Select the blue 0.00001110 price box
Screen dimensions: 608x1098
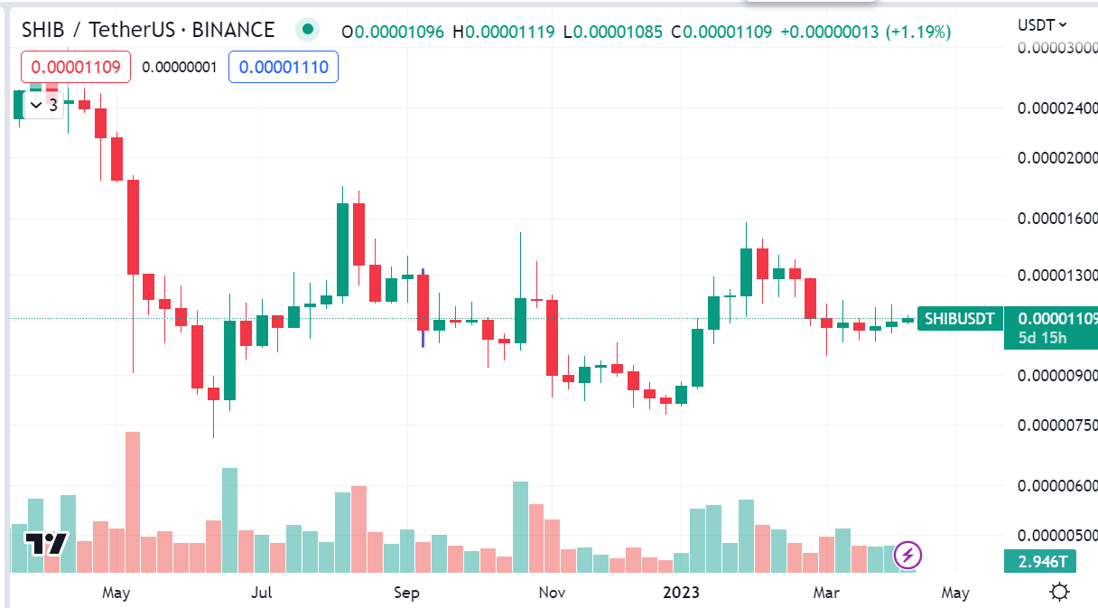coord(284,67)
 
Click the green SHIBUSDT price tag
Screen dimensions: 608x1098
coord(959,318)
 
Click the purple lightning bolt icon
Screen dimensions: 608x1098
coord(909,555)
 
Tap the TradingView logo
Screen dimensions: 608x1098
coord(44,544)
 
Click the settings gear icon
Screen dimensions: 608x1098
coord(1060,593)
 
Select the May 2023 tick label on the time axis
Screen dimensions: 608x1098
coord(954,593)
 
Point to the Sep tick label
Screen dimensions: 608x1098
coord(406,593)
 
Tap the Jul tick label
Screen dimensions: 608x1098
coord(261,593)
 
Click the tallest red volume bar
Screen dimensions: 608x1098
coord(133,501)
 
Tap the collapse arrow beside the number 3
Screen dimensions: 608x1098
coord(35,105)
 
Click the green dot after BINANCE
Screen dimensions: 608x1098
coord(308,30)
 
